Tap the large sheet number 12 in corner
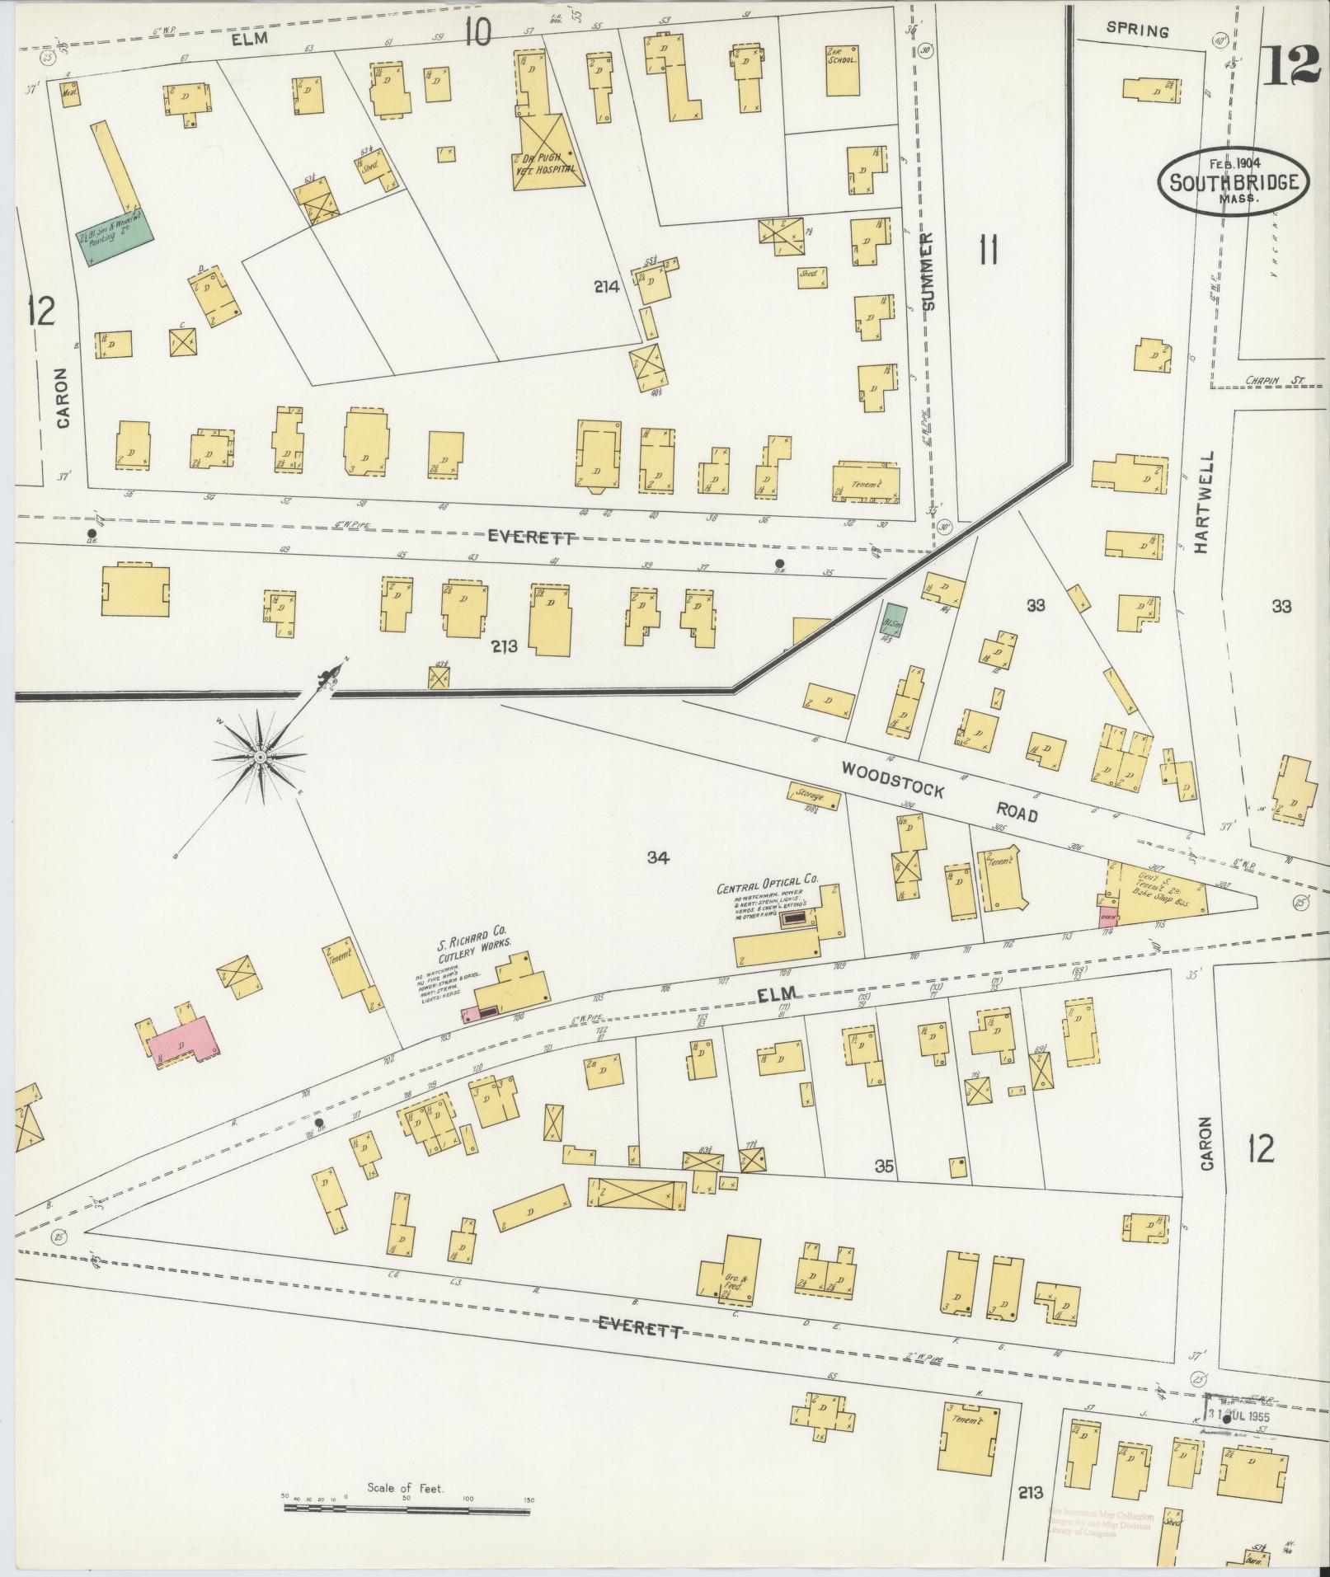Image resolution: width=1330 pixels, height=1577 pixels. coord(1292,66)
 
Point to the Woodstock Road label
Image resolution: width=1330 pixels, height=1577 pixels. coord(938,791)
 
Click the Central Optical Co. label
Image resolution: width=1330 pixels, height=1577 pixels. coord(769,887)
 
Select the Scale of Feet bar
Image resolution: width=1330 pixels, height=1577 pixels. coord(408,1508)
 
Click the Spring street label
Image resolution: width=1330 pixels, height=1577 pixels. coord(1138,32)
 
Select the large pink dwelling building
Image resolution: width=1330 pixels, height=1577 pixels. coord(186,1040)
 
